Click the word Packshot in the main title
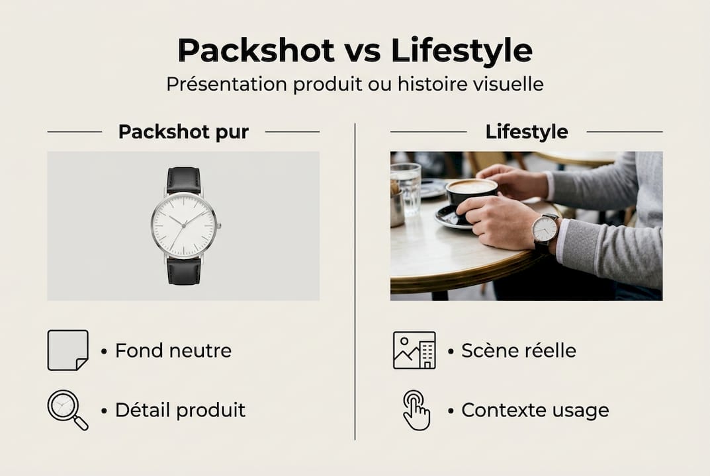[x=257, y=50]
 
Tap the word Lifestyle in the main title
[x=462, y=50]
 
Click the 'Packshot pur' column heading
[x=183, y=132]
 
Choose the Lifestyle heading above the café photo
[x=527, y=132]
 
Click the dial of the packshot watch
[x=184, y=225]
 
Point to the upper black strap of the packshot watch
[x=183, y=179]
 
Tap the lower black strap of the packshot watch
[x=183, y=271]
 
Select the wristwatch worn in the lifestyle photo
[x=545, y=229]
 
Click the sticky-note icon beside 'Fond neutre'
[x=67, y=350]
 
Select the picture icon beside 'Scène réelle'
[x=414, y=350]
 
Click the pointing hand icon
[x=416, y=410]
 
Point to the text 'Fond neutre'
[x=173, y=350]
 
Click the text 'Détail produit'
[x=180, y=410]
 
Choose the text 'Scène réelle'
[x=519, y=350]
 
